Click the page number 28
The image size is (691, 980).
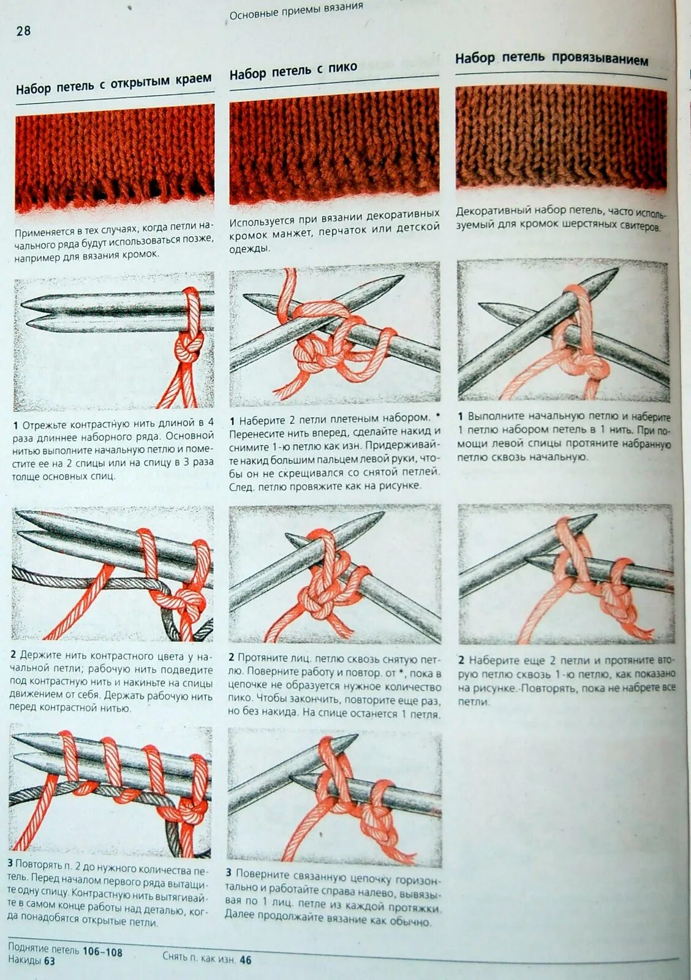(24, 31)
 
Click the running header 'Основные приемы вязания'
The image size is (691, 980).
(296, 11)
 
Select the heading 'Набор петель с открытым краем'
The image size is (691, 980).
(114, 83)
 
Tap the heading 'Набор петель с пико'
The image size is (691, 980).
(293, 71)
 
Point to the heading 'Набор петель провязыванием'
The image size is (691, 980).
(551, 59)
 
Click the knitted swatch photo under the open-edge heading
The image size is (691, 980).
(115, 159)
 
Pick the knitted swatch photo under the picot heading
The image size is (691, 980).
(334, 146)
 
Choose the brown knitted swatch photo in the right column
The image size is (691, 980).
(562, 138)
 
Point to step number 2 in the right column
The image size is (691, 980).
(461, 660)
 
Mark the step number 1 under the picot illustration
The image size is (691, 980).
(233, 421)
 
